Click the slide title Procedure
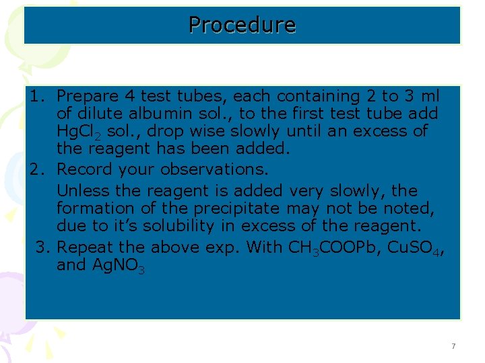coord(242,25)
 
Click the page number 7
coord(453,346)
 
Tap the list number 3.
coord(42,247)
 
